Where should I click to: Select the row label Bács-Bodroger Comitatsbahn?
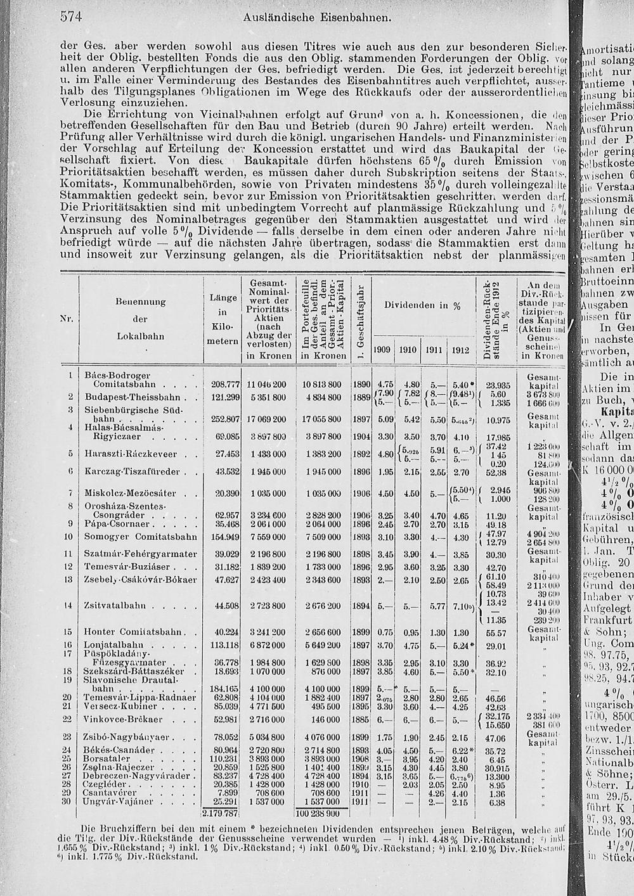(120, 379)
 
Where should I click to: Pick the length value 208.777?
(224, 384)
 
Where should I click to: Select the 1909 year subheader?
(382, 350)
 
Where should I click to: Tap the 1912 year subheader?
(461, 350)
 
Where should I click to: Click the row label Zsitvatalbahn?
(115, 605)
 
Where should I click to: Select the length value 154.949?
(224, 537)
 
